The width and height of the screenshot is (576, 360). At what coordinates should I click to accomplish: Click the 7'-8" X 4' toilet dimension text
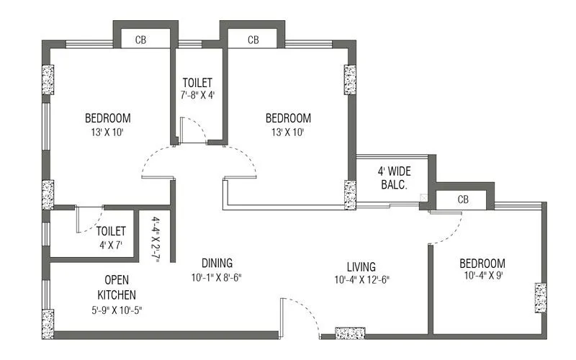pyautogui.click(x=197, y=95)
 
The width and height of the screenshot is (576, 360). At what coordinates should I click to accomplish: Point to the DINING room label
pyautogui.click(x=217, y=263)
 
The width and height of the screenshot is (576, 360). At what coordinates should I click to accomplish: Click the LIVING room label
pyautogui.click(x=360, y=266)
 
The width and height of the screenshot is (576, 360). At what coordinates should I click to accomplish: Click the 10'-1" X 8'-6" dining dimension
pyautogui.click(x=217, y=278)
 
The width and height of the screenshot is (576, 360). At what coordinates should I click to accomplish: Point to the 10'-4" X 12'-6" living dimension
pyautogui.click(x=362, y=279)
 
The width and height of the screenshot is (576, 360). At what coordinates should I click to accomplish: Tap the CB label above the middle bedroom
pyautogui.click(x=253, y=40)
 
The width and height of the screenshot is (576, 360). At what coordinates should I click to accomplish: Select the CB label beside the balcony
pyautogui.click(x=464, y=199)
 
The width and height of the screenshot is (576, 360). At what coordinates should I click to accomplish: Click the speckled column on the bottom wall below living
pyautogui.click(x=351, y=334)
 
